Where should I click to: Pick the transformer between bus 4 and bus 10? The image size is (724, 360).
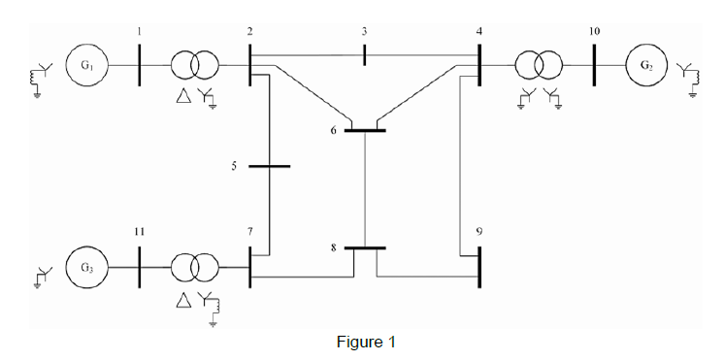pos(540,66)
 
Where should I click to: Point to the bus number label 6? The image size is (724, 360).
pos(333,129)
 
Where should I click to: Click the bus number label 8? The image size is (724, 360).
pos(333,248)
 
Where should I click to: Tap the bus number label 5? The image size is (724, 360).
pos(233,166)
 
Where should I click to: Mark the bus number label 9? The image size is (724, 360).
pos(478,232)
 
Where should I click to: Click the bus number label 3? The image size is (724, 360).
pos(364,32)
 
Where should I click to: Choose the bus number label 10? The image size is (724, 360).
pos(594,32)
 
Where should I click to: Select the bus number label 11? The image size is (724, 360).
pos(140,232)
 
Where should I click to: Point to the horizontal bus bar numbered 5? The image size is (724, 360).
pos(270,166)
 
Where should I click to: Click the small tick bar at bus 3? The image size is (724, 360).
pos(364,55)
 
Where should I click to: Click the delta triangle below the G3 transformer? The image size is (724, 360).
pos(181,300)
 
